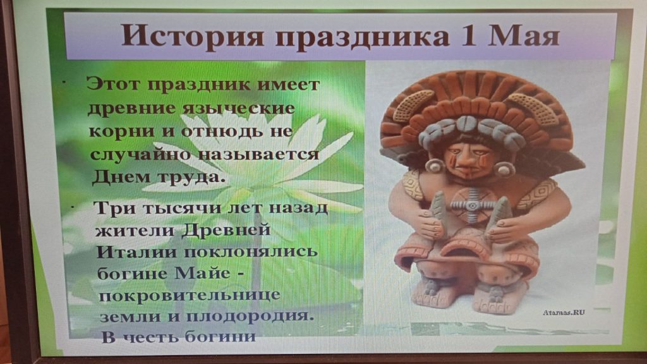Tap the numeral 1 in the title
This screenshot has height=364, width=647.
click(x=468, y=35)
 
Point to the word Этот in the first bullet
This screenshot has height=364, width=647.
click(x=114, y=84)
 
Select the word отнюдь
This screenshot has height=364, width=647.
click(x=222, y=131)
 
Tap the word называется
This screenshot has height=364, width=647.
click(x=258, y=154)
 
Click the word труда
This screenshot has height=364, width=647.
click(x=193, y=178)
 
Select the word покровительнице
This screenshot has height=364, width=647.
click(x=190, y=296)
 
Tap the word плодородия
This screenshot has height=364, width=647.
click(x=250, y=317)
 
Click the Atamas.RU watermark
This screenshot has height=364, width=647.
click(x=564, y=312)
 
